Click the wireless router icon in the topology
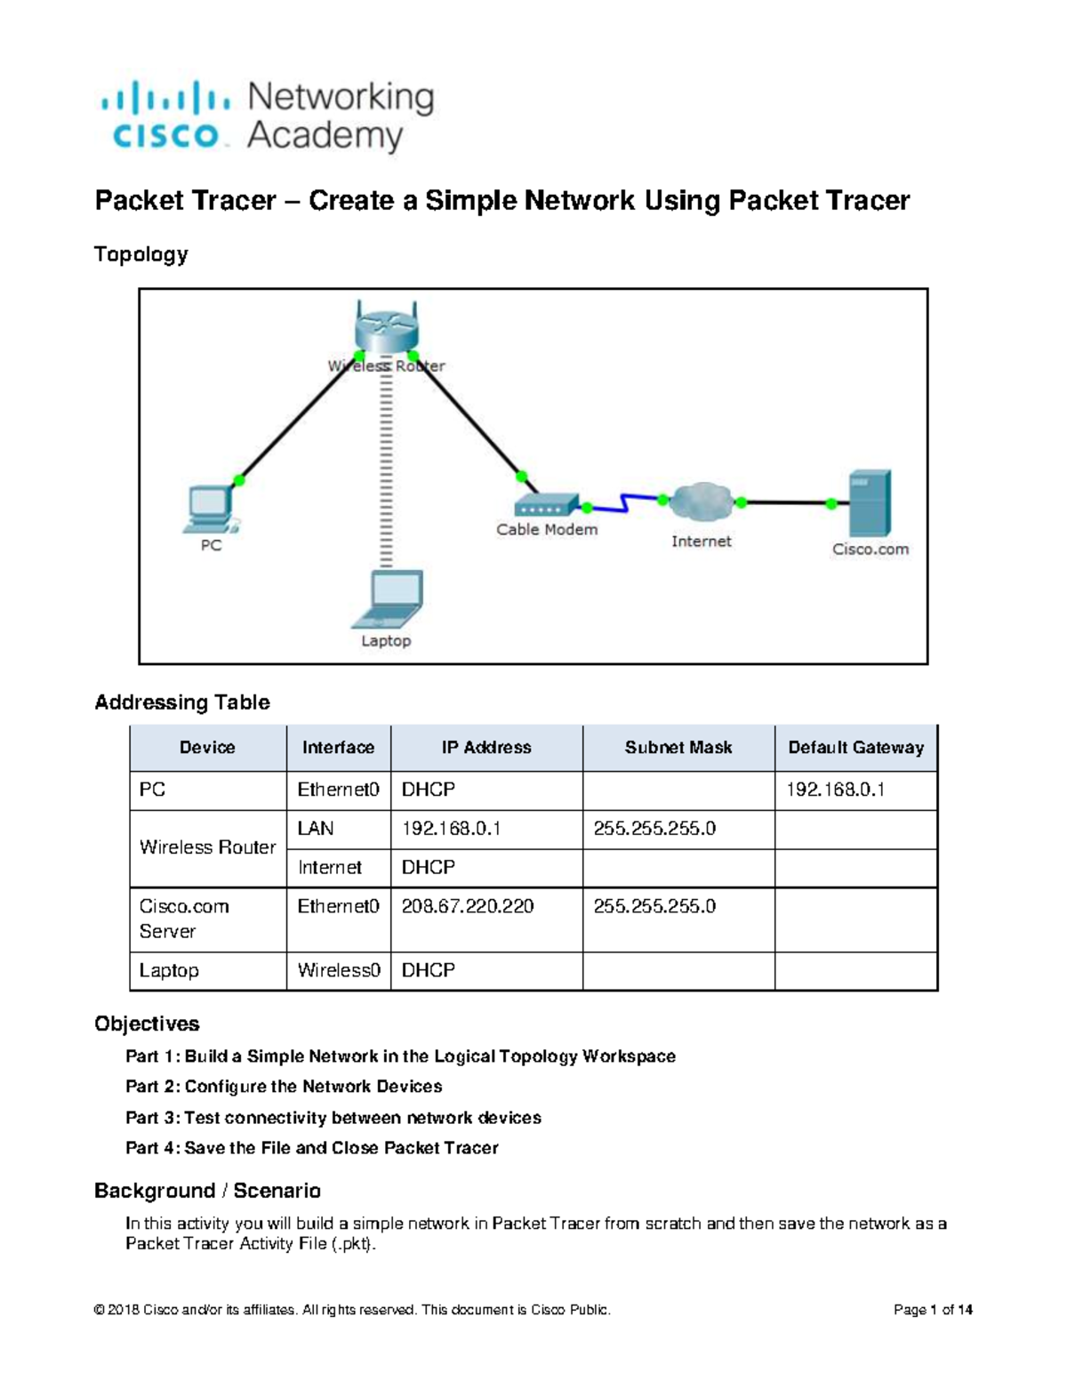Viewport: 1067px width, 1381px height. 385,328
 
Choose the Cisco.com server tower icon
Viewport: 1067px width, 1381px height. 870,503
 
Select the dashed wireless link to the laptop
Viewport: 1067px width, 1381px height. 386,471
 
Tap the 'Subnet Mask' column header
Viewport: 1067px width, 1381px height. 678,748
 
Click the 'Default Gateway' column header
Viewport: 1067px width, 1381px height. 855,748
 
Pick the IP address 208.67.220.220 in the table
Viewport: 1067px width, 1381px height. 468,906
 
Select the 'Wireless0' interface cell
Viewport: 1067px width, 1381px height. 338,970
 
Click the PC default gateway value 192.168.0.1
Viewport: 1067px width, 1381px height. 835,790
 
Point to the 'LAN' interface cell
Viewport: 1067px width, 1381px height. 316,829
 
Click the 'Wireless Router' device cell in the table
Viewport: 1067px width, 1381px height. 207,847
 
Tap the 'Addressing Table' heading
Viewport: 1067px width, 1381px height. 181,703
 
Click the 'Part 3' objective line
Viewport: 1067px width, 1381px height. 333,1118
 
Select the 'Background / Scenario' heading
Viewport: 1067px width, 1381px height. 207,1191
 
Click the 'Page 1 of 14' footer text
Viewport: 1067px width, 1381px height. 933,1310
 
